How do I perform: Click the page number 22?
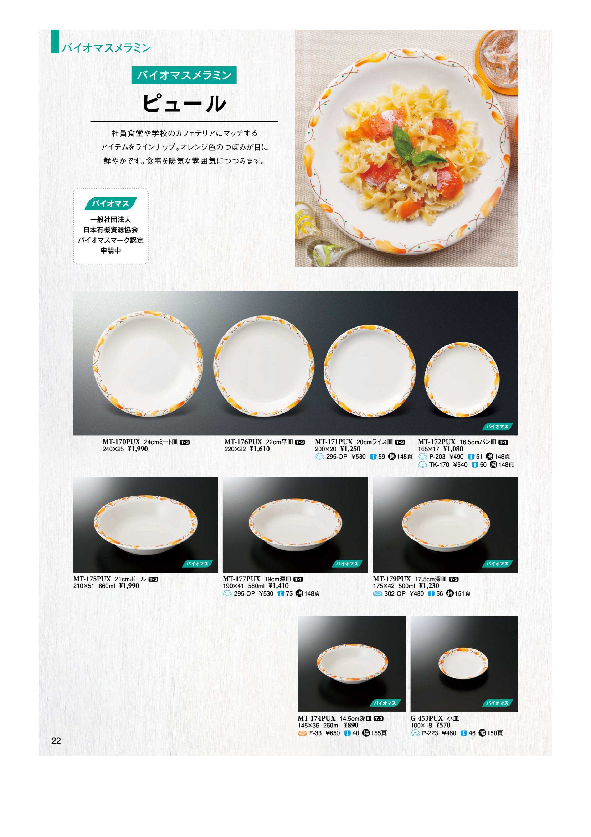56,741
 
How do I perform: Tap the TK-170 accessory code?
439,465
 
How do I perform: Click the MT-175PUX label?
92,579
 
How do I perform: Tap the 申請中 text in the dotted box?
111,251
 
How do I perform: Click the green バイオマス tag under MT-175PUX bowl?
197,564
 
